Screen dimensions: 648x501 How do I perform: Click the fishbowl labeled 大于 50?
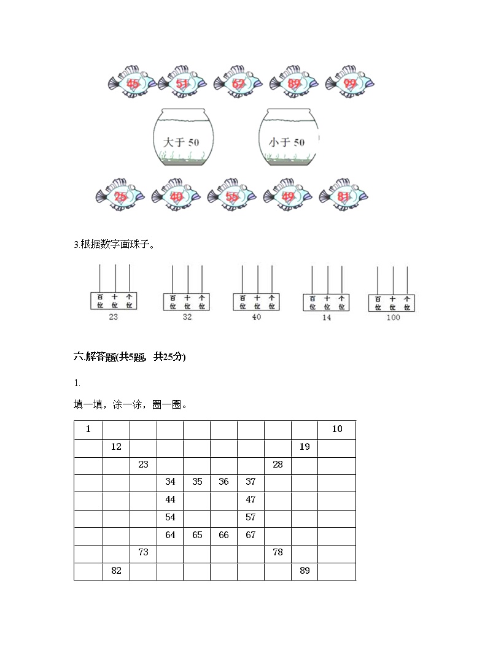[x=182, y=138]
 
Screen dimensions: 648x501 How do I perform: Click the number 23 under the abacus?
[x=113, y=317]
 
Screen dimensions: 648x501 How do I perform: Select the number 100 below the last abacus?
[x=393, y=317]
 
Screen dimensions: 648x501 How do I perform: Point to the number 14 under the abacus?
[x=326, y=318]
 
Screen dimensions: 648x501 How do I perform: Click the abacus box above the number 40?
[x=257, y=301]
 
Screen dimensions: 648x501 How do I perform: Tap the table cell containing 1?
[x=88, y=430]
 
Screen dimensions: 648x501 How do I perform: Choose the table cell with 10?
[x=337, y=430]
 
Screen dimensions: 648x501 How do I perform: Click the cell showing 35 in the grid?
[x=197, y=482]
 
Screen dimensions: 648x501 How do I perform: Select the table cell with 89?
[x=305, y=571]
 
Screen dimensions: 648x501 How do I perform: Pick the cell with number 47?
[x=251, y=500]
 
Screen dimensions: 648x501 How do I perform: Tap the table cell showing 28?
[x=278, y=465]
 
